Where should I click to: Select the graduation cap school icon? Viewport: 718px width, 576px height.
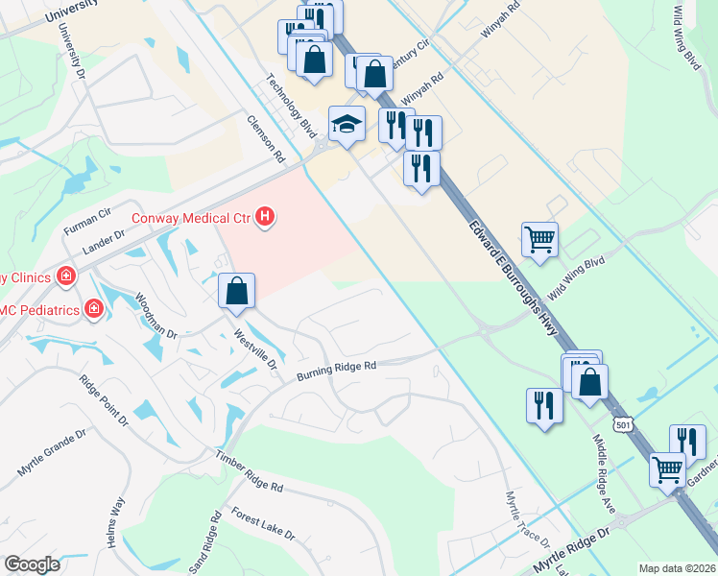(x=347, y=124)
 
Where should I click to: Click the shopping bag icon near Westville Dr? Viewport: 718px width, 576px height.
(x=236, y=291)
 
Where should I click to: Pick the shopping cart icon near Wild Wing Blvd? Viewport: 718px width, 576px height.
(x=539, y=240)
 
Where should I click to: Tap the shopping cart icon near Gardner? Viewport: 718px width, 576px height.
(x=668, y=470)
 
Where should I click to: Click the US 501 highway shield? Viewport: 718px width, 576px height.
(x=623, y=424)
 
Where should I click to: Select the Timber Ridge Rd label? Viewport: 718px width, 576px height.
(x=250, y=472)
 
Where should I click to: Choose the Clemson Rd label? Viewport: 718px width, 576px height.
(x=266, y=140)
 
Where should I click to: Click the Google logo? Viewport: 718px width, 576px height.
(x=32, y=564)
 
